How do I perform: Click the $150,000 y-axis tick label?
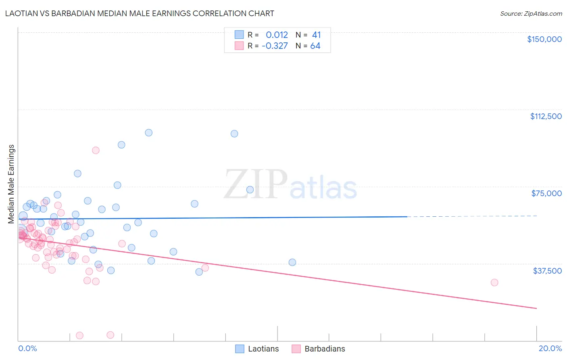pyautogui.click(x=544, y=39)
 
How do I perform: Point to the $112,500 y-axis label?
pyautogui.click(x=546, y=116)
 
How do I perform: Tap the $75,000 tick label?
pyautogui.click(x=546, y=193)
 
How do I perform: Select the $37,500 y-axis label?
pyautogui.click(x=547, y=271)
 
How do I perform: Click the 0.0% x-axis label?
pyautogui.click(x=27, y=348)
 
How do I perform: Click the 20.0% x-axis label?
pyautogui.click(x=550, y=348)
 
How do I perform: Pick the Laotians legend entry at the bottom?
pyautogui.click(x=257, y=349)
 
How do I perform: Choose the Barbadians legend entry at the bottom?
pyautogui.click(x=319, y=349)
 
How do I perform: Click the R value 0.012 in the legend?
pyautogui.click(x=277, y=35)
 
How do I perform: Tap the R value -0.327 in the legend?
pyautogui.click(x=275, y=46)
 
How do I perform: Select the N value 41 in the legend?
pyautogui.click(x=316, y=35)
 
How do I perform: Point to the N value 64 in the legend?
pyautogui.click(x=315, y=46)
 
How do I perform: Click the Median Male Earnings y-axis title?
pyautogui.click(x=11, y=184)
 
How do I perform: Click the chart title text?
pyautogui.click(x=140, y=13)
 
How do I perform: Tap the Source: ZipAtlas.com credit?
pyautogui.click(x=531, y=13)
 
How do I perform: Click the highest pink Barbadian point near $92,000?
pyautogui.click(x=96, y=150)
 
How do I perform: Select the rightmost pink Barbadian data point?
pyautogui.click(x=494, y=283)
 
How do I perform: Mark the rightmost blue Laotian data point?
pyautogui.click(x=292, y=262)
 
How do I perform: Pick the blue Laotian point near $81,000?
pyautogui.click(x=77, y=174)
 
